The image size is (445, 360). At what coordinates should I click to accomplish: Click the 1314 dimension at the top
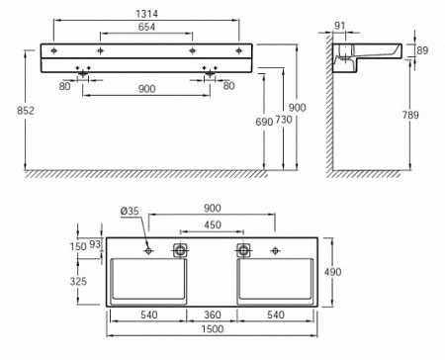[x=146, y=14]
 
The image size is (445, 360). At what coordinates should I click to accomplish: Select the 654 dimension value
[x=146, y=27]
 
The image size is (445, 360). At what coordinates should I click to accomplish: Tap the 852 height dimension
[x=26, y=111]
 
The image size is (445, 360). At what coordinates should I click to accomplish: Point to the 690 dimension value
[x=264, y=122]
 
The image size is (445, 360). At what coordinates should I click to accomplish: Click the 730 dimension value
[x=284, y=120]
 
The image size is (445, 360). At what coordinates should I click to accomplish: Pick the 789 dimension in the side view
[x=410, y=115]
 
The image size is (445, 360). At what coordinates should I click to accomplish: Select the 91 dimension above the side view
[x=339, y=26]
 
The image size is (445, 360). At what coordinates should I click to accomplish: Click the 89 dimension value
[x=422, y=50]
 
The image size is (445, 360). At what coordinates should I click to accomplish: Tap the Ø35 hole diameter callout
[x=130, y=211]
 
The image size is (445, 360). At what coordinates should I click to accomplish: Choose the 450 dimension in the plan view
[x=213, y=225]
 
